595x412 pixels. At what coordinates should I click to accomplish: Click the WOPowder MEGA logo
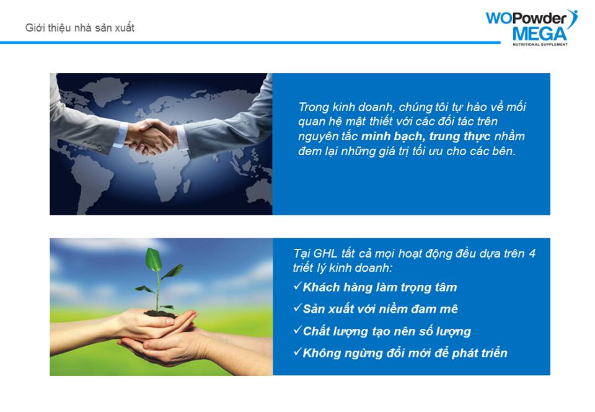point(532,28)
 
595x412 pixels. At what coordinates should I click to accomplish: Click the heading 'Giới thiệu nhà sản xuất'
point(80,28)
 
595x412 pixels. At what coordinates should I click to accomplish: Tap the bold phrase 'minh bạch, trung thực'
point(426,137)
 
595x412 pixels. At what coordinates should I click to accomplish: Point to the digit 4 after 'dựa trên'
point(532,253)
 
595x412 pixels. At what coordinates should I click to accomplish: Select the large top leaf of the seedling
point(153,259)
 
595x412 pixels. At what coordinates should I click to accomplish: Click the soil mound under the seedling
point(160,313)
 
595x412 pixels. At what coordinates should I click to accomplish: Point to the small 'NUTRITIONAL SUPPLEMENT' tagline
point(540,45)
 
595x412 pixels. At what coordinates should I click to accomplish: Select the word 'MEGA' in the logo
point(539,34)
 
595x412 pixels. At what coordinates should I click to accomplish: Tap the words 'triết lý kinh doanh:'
point(342,267)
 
